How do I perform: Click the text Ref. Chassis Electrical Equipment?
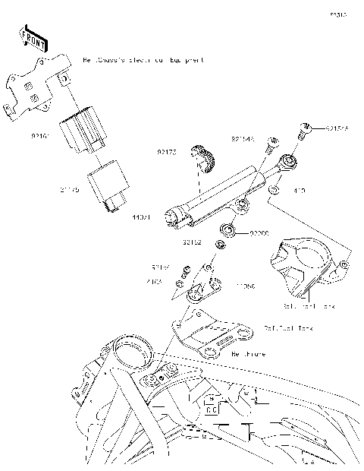click(143, 58)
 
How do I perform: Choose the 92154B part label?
click(243, 139)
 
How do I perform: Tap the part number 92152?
click(191, 244)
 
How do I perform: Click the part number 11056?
click(245, 287)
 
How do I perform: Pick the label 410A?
click(154, 281)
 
